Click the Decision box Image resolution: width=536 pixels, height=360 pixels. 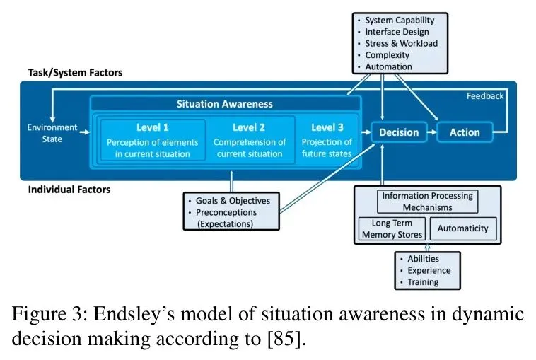point(399,132)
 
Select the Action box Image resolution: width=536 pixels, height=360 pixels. point(465,132)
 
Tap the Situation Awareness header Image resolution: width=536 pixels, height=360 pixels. point(225,104)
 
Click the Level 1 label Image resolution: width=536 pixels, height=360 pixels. point(153,127)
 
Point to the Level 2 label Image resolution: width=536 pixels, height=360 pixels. point(249,127)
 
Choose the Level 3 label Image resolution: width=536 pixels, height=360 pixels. point(327,127)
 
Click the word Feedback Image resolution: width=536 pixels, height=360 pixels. point(485,96)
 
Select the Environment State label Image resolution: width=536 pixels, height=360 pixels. point(52,134)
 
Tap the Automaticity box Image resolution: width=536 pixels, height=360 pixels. point(463,228)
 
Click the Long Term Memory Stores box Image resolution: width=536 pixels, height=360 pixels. point(392,228)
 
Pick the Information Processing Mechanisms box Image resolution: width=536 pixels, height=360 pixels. point(427,202)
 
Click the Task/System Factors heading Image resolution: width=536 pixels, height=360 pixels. point(75,72)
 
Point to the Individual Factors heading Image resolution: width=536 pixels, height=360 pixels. point(69,190)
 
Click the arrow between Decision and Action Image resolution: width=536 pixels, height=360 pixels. point(432,132)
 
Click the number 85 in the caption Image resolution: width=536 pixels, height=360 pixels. point(284,339)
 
